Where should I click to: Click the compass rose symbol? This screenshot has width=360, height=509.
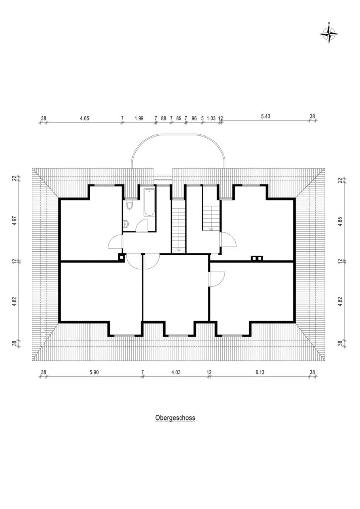click(x=329, y=33)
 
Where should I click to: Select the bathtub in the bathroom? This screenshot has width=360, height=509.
click(x=149, y=202)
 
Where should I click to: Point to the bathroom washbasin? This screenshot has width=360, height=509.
click(x=126, y=223)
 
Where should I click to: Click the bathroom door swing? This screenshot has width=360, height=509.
click(x=142, y=225)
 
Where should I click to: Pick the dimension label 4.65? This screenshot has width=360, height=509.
click(x=84, y=118)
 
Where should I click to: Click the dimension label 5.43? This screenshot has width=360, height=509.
click(x=266, y=116)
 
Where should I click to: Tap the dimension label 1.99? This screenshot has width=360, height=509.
click(x=139, y=118)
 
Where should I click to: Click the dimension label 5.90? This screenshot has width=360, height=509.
click(x=94, y=372)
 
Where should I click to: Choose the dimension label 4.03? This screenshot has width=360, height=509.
click(x=176, y=372)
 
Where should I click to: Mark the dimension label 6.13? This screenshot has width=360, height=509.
click(x=260, y=372)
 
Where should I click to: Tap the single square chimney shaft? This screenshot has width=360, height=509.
click(x=121, y=258)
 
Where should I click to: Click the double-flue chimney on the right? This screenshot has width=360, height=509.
click(x=257, y=258)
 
